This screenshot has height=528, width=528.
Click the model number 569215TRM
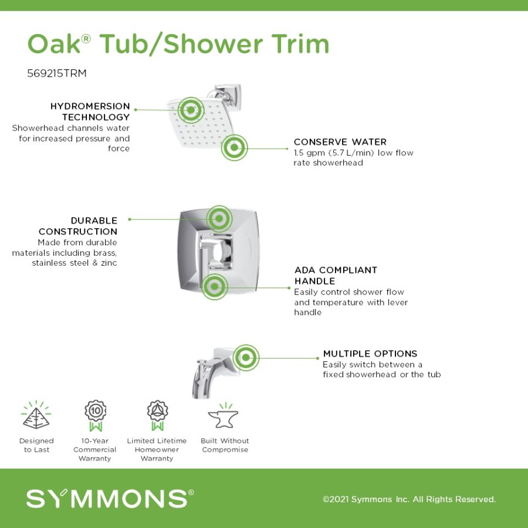tap(56, 73)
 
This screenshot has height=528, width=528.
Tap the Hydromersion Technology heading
tap(90, 111)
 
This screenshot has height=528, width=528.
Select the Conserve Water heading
tap(340, 142)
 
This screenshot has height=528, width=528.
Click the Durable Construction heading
tap(78, 226)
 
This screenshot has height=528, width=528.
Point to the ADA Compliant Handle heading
tap(336, 276)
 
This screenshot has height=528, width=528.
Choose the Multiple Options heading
tap(370, 354)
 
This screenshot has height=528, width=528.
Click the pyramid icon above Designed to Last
tap(36, 415)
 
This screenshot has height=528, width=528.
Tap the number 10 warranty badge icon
tap(95, 415)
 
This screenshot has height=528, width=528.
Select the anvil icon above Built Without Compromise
tap(224, 415)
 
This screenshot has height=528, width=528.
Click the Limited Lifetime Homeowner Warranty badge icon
tap(157, 415)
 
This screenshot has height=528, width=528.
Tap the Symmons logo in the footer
tap(110, 498)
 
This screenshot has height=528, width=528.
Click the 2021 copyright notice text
tap(409, 499)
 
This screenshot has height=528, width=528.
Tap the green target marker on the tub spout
tap(246, 358)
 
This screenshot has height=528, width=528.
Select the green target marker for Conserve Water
tap(234, 147)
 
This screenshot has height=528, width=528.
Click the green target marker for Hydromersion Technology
tap(191, 110)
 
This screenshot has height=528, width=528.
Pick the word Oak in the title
tap(54, 44)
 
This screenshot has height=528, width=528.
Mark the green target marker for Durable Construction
tap(219, 219)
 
